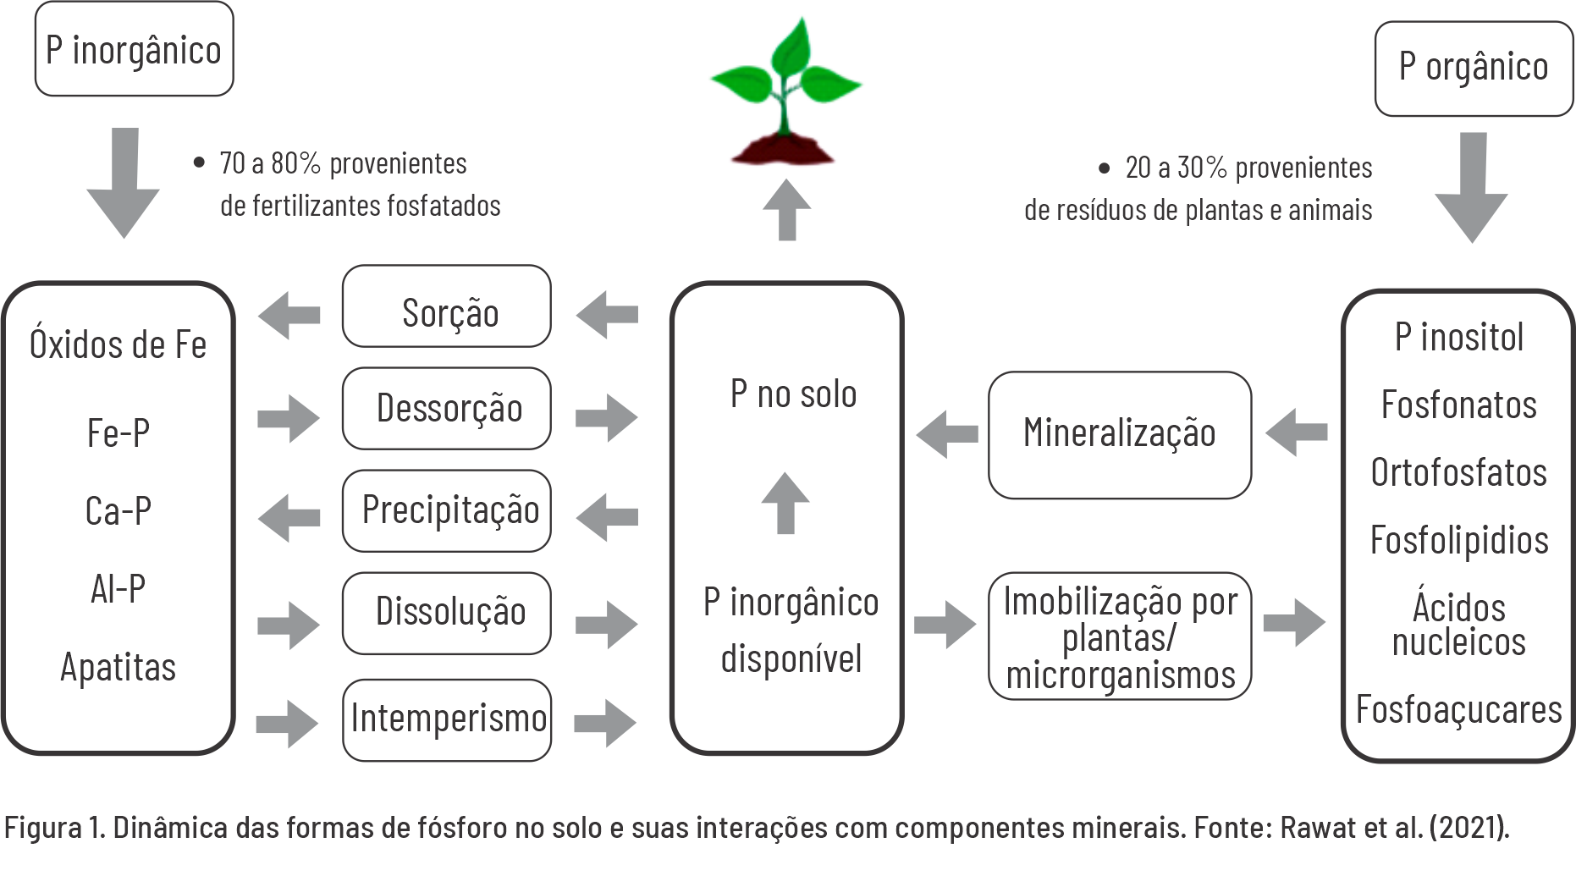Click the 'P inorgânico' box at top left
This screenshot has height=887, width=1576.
134,50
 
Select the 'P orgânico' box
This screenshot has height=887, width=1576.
1473,68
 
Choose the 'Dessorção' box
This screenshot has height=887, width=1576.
447,408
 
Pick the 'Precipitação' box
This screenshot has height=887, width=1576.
447,510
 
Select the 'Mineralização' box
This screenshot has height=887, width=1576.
1119,434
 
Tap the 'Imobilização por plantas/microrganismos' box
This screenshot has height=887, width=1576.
1119,636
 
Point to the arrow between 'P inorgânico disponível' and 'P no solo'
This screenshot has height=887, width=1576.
785,502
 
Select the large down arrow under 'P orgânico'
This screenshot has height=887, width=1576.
1472,188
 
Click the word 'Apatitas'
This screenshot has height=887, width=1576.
118,667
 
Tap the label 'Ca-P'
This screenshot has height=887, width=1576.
118,511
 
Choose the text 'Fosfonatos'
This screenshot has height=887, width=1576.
1458,405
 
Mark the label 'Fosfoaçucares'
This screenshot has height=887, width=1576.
1458,709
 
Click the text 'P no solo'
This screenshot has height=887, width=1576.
793,394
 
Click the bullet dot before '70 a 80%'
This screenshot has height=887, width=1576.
199,163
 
